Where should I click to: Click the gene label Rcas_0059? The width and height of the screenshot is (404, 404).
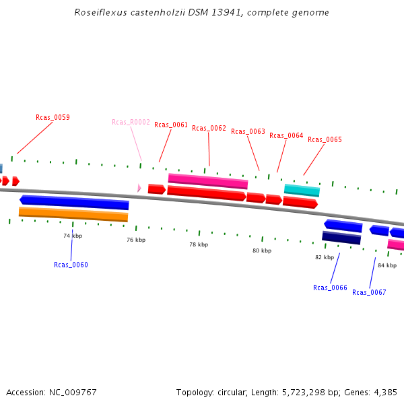[x=53, y=117]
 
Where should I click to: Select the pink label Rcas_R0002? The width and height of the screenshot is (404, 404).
[x=131, y=122]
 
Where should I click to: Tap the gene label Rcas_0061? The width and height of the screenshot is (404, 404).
[x=171, y=125]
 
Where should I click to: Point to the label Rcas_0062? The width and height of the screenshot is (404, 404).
[x=209, y=128]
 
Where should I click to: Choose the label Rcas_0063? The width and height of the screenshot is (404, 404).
[x=248, y=132]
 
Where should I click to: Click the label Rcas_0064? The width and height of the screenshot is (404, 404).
[x=286, y=135]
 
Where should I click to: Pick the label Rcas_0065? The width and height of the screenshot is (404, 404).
[x=325, y=139]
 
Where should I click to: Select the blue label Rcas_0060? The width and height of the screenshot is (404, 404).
[x=71, y=265]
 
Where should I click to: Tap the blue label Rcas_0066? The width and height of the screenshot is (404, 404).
[x=330, y=288]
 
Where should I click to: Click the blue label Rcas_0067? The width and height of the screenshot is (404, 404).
[x=369, y=292]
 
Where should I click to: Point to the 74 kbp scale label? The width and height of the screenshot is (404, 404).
[x=73, y=236]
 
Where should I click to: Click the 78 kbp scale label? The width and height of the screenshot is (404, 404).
[x=198, y=244]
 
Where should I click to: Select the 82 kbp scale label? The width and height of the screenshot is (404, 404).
[x=325, y=257]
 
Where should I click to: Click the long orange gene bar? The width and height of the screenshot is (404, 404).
[x=73, y=214]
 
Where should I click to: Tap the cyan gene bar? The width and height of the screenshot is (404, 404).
[x=302, y=191]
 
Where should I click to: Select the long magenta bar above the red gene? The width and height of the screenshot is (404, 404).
[x=208, y=180]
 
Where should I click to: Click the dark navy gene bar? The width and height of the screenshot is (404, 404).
[x=341, y=237]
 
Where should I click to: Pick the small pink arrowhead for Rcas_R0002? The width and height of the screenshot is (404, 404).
[x=139, y=188]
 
